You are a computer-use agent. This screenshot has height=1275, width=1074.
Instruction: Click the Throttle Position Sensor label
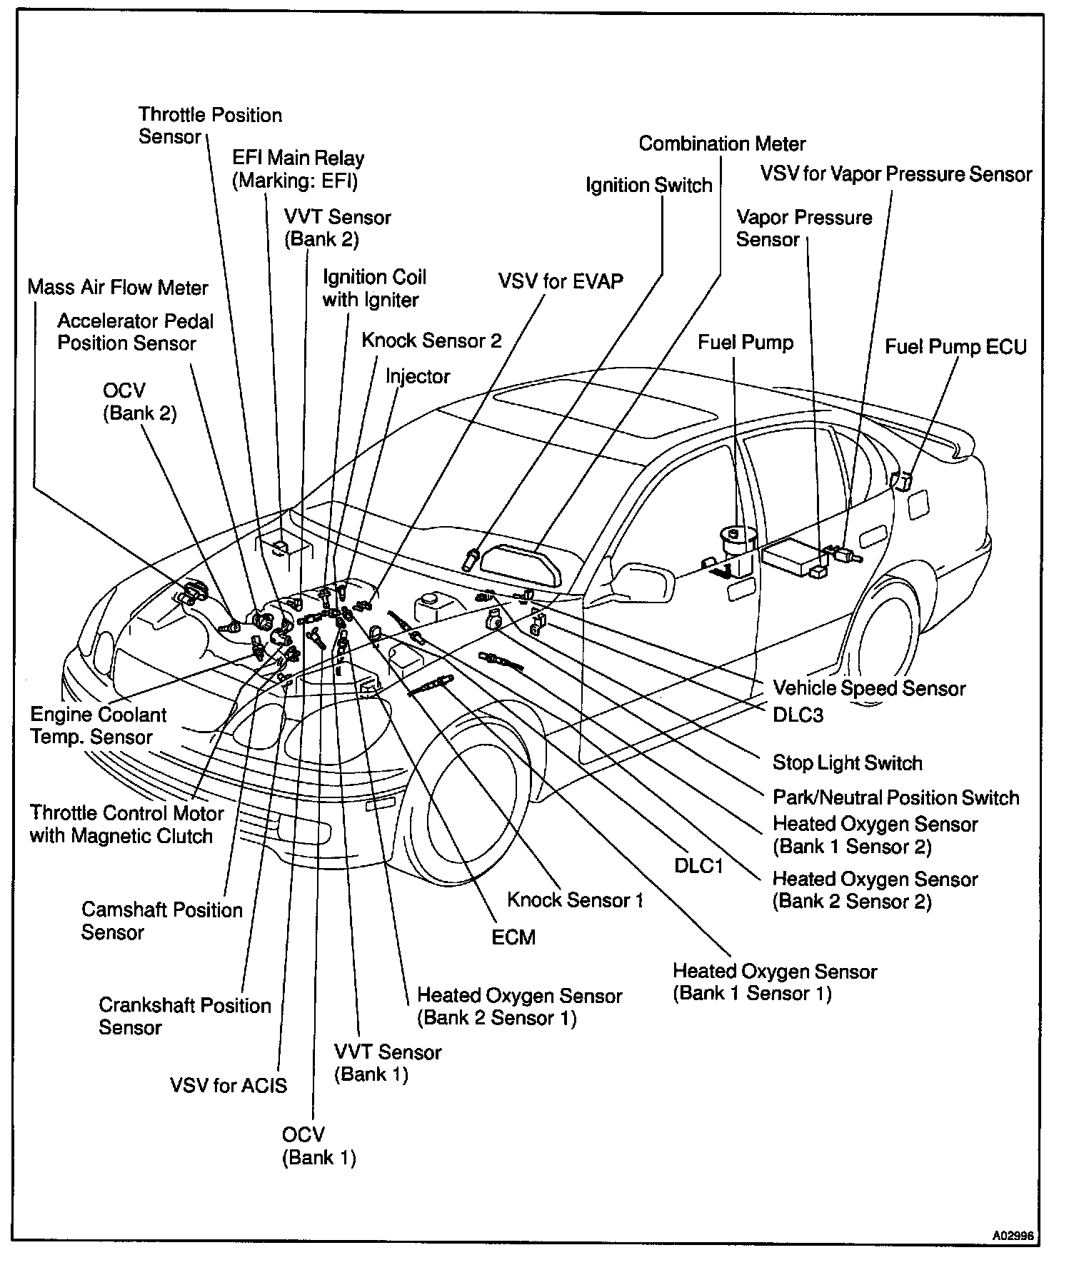click(x=210, y=126)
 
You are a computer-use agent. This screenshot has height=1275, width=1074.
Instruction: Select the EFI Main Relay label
click(x=297, y=169)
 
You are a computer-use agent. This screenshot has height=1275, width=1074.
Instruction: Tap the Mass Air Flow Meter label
click(x=118, y=288)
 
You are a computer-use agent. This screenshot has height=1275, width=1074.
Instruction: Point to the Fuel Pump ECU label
click(x=955, y=347)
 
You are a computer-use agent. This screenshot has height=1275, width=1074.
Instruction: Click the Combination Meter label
click(x=722, y=144)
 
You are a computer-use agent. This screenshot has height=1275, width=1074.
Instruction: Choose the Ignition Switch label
click(x=649, y=186)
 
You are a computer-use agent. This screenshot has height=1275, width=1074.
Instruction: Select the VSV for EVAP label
click(x=561, y=281)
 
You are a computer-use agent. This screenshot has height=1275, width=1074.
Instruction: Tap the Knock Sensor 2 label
click(x=431, y=341)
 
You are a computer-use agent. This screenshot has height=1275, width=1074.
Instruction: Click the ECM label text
click(x=513, y=937)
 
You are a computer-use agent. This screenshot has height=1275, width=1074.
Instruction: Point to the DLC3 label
click(x=798, y=715)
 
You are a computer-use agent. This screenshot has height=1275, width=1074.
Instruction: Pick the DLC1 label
click(x=699, y=866)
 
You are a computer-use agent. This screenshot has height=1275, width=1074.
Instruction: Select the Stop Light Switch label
click(x=847, y=763)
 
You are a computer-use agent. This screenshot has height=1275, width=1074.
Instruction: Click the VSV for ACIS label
click(x=229, y=1086)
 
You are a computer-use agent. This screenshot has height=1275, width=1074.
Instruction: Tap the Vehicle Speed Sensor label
click(x=869, y=689)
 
